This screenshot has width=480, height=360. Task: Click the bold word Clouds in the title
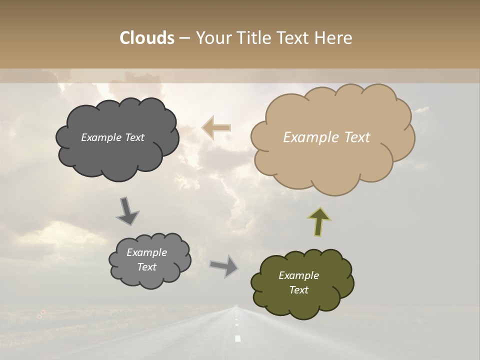coord(146,38)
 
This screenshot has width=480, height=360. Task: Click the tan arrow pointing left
coord(216,127)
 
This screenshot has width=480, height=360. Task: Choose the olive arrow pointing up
coord(319,221)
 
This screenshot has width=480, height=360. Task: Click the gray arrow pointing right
coord(224,265)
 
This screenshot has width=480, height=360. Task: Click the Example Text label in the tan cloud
coord(326,137)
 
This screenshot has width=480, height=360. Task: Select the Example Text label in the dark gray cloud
coord(112,137)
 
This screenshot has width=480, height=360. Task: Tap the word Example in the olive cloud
coord(298,275)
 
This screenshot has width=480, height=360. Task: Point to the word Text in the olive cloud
coord(298,290)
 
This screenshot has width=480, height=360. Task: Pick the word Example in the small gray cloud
coord(146,252)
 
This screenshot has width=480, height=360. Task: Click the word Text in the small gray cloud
coord(146,267)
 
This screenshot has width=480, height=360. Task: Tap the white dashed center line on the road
coord(237,338)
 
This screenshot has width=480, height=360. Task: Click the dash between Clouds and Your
coord(184,38)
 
